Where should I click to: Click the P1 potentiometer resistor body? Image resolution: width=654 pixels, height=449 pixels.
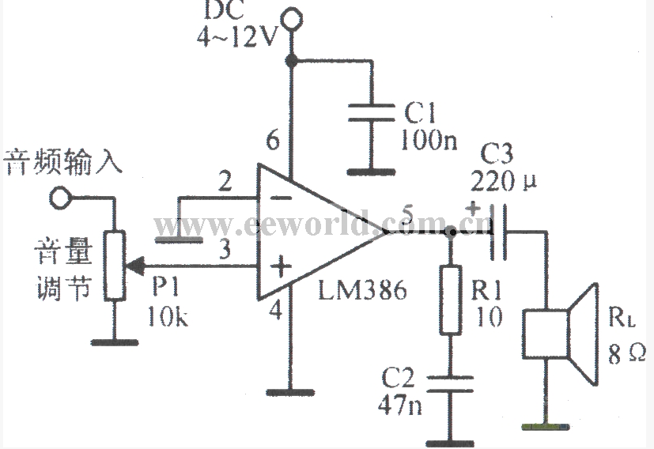tap(115, 265)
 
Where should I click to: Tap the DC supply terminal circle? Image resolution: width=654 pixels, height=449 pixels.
tap(292, 17)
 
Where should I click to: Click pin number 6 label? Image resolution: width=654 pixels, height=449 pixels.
tap(272, 142)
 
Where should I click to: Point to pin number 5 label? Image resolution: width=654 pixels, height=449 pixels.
tap(408, 213)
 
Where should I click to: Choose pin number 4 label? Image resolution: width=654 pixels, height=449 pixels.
tap(275, 311)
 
